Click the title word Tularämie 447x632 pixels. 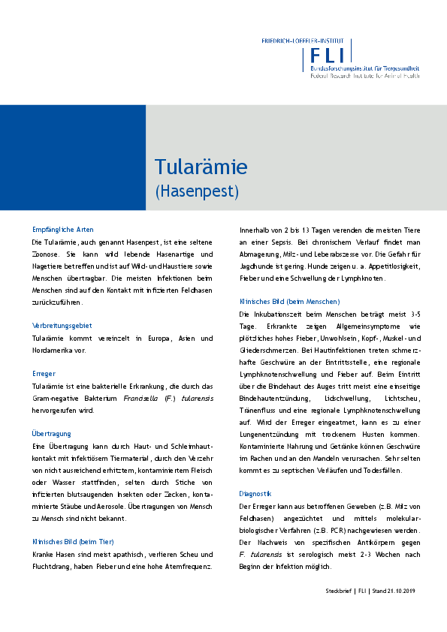coord(201,166)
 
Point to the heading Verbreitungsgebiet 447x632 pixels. coord(62,326)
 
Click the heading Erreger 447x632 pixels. coord(44,373)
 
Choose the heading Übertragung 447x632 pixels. coord(52,433)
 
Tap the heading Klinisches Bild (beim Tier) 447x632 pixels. coord(74,519)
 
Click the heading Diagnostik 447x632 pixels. coord(255,494)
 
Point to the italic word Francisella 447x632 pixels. coord(142,398)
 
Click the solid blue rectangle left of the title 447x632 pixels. coord(73,157)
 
